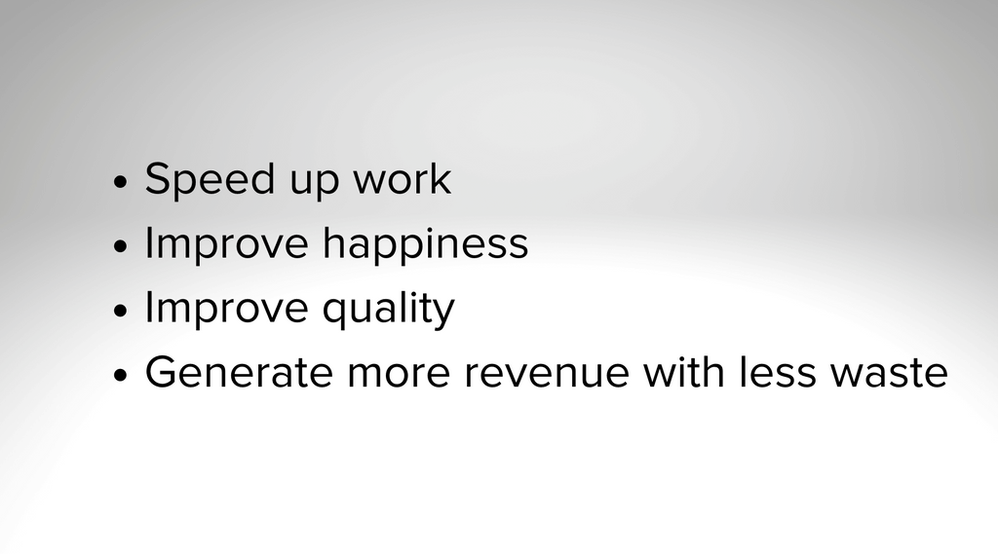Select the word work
(402, 178)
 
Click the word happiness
(425, 244)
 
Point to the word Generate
(240, 372)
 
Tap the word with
(684, 372)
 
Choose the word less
(778, 372)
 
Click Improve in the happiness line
(226, 244)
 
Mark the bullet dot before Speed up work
(120, 182)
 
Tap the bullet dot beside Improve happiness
(120, 246)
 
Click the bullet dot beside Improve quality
(120, 311)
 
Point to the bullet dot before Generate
(120, 375)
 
